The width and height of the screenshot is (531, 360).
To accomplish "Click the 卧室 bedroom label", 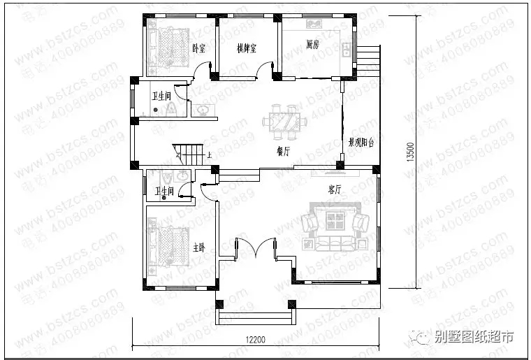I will (x=199, y=49).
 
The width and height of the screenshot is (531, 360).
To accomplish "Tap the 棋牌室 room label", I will (x=246, y=49).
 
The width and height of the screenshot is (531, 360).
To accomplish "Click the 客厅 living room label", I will (x=334, y=189).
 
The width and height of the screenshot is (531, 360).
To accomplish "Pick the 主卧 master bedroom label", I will (x=199, y=248).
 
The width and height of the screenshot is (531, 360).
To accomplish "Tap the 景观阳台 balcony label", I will (x=361, y=142).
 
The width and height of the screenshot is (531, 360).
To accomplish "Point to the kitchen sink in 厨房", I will (x=346, y=50).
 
